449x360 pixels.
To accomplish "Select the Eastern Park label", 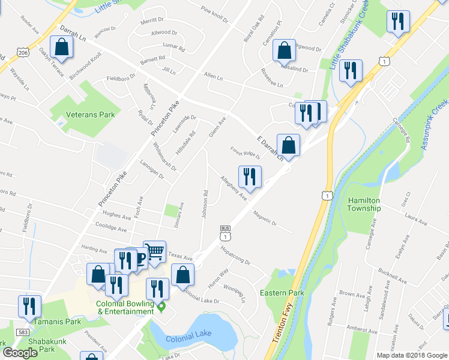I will [282, 293].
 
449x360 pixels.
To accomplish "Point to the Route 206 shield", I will [22, 53].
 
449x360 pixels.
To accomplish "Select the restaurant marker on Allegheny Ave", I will [249, 176].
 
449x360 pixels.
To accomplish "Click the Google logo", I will [19, 353].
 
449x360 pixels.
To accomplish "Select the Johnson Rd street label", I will [205, 205].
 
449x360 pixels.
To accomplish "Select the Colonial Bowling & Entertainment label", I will [125, 307].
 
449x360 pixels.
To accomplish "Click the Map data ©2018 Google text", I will [412, 355].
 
